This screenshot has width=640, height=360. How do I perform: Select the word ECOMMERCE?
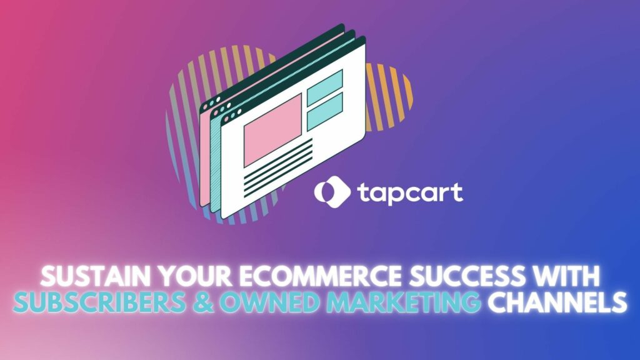pyautogui.click(x=302, y=275)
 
